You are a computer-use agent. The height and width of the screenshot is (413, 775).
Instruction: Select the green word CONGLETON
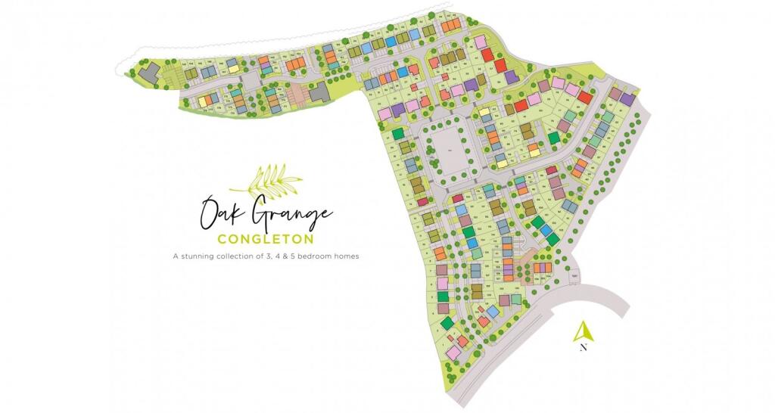click(x=266, y=239)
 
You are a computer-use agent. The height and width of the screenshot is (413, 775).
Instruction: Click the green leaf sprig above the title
click(x=266, y=180)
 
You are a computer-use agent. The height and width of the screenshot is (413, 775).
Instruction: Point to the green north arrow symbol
click(x=583, y=331)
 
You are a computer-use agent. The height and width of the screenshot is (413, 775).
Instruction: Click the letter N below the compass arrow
click(x=583, y=348)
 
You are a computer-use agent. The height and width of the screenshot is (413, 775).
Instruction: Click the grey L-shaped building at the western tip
click(x=150, y=71)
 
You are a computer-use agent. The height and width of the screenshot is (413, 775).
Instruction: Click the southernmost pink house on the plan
click(x=453, y=352)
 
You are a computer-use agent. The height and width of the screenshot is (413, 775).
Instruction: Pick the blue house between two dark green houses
click(x=545, y=230)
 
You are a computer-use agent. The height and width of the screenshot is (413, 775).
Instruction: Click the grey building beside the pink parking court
click(x=320, y=92)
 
